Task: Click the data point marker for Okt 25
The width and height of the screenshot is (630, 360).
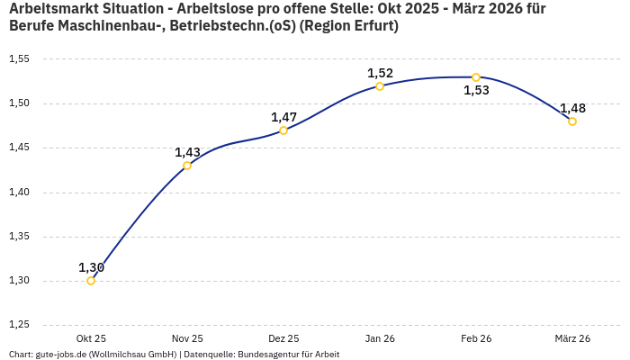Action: (x=91, y=281)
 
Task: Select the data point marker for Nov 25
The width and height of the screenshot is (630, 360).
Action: (x=187, y=166)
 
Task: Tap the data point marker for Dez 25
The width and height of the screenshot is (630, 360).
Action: (x=283, y=130)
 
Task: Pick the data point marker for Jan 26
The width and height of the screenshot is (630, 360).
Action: (x=380, y=86)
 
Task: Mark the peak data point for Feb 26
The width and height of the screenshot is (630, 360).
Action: (x=476, y=77)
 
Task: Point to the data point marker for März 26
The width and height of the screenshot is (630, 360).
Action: (x=572, y=121)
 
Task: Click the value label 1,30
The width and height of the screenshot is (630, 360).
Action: (x=91, y=267)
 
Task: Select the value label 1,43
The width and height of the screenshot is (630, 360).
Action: (x=187, y=152)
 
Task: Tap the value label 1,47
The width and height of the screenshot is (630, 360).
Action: (x=283, y=117)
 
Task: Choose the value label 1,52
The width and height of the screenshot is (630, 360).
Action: (x=380, y=73)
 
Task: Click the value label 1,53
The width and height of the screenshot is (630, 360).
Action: (x=476, y=91)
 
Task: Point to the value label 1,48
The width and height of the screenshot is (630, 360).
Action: (x=572, y=108)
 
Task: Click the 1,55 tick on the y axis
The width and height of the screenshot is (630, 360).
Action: (x=19, y=59)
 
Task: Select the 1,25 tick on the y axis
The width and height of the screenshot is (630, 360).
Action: (x=19, y=325)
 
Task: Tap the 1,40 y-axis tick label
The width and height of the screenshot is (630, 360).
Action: (x=19, y=193)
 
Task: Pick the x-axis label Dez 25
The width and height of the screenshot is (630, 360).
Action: (x=283, y=338)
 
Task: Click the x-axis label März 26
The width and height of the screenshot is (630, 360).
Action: (x=572, y=338)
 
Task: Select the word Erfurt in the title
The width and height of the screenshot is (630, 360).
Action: (x=373, y=26)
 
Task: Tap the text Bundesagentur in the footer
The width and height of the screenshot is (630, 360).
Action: (x=265, y=355)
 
